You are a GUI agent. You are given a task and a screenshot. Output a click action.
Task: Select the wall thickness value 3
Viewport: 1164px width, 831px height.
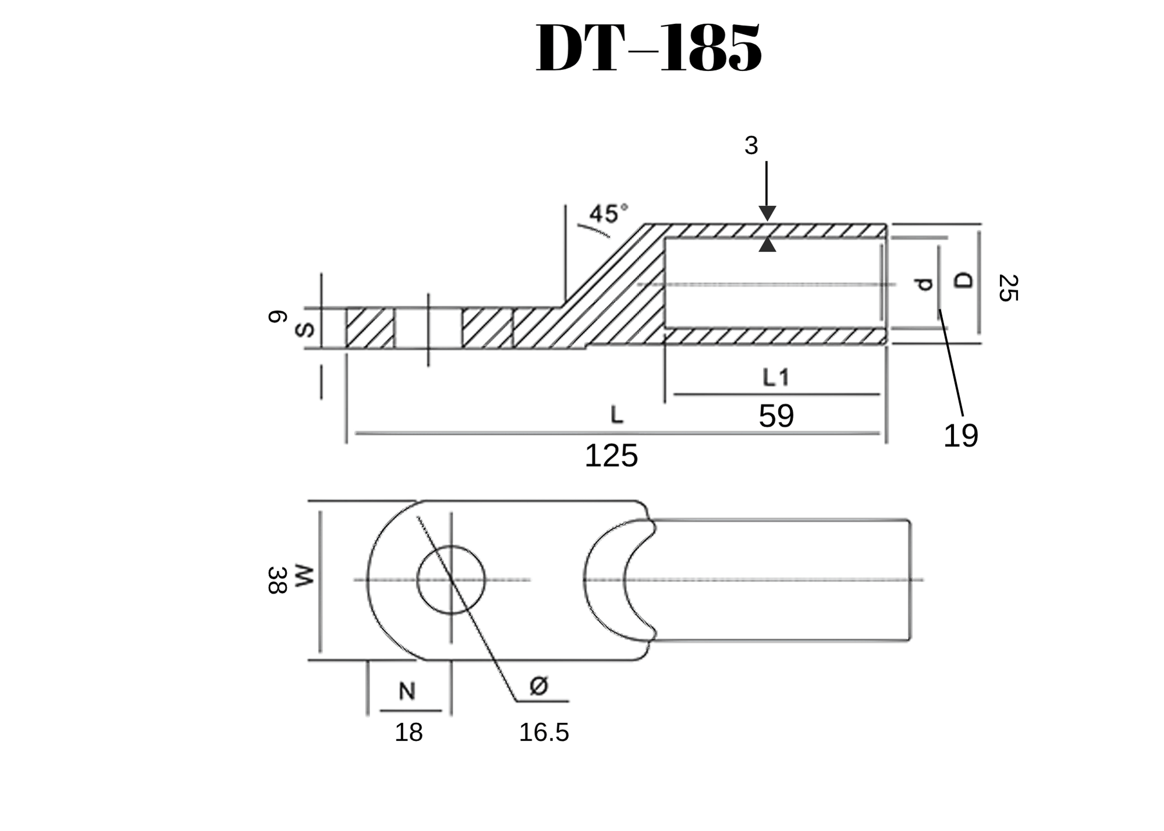pyautogui.click(x=751, y=145)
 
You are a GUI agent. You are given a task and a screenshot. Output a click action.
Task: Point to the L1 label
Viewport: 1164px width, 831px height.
pyautogui.click(x=776, y=378)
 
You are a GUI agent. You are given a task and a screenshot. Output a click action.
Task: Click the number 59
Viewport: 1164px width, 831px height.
pyautogui.click(x=776, y=416)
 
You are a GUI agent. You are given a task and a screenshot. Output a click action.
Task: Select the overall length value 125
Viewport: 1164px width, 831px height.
pyautogui.click(x=611, y=456)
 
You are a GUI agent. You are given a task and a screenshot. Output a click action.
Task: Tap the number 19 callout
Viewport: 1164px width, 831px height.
pyautogui.click(x=960, y=436)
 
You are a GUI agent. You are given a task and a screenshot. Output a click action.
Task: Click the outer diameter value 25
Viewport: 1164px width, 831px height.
pyautogui.click(x=1007, y=288)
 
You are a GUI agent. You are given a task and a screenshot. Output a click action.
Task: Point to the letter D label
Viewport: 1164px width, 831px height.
pyautogui.click(x=964, y=280)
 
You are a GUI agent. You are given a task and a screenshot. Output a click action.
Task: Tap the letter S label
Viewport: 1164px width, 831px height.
pyautogui.click(x=304, y=330)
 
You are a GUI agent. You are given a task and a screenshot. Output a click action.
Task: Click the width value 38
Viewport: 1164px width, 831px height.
pyautogui.click(x=277, y=580)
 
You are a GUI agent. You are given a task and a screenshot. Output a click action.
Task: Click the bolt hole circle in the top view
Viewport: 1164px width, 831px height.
pyautogui.click(x=451, y=580)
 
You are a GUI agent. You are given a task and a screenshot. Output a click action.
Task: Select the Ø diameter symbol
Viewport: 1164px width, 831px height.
pyautogui.click(x=539, y=686)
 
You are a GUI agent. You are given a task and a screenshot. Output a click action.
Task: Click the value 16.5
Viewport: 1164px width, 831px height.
pyautogui.click(x=544, y=733)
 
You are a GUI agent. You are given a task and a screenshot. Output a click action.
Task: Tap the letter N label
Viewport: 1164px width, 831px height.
pyautogui.click(x=407, y=691)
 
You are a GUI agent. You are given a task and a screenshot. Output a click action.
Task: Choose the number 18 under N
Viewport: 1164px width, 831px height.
pyautogui.click(x=409, y=733)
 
